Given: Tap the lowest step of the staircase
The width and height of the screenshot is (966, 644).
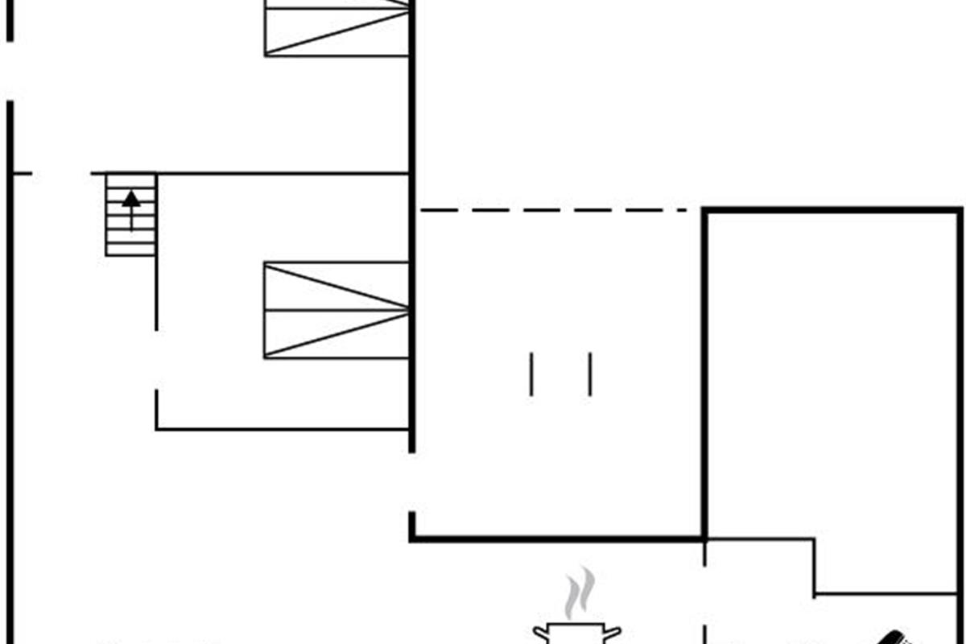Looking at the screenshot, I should [130, 250].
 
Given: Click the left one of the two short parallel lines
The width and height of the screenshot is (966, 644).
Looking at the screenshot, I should [531, 374].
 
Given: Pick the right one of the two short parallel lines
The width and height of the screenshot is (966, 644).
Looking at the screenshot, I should [590, 374].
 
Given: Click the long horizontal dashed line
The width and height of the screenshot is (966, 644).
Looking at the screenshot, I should [555, 211].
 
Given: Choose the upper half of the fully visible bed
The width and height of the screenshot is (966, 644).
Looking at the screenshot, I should [336, 286].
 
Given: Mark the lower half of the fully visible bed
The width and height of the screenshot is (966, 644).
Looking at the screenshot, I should [336, 334].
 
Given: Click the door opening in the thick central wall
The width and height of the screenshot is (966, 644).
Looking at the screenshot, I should [412, 481].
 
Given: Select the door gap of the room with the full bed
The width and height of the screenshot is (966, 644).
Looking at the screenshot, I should [156, 359].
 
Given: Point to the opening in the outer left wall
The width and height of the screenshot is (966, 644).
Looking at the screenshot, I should [10, 71].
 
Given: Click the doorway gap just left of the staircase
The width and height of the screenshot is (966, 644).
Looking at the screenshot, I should [61, 173].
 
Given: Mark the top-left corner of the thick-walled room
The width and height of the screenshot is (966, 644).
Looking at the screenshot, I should [705, 211].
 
